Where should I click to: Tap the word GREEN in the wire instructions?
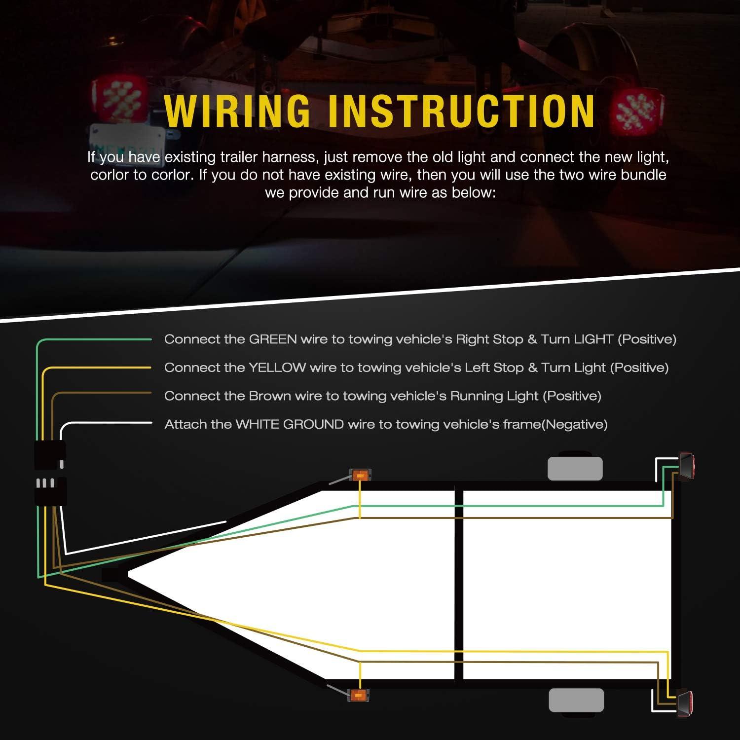click(273, 339)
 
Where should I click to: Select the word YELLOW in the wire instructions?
click(277, 368)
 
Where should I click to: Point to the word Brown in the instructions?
click(270, 396)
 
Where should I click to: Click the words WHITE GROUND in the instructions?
click(290, 424)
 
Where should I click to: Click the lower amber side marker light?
click(358, 695)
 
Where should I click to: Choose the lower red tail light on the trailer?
click(685, 702)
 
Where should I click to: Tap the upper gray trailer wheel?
click(575, 468)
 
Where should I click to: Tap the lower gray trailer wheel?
click(576, 700)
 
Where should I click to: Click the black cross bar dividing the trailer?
click(459, 585)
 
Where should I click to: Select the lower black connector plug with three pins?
click(50, 491)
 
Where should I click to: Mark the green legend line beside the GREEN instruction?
click(99, 339)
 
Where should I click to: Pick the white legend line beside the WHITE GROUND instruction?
click(109, 423)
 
